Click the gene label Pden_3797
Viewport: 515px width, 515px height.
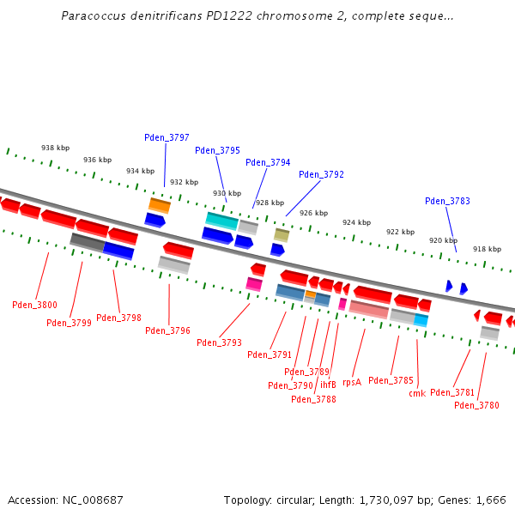pos(167,137)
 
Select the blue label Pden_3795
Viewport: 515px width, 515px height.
pos(217,150)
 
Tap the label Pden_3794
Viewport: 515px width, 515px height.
pos(268,162)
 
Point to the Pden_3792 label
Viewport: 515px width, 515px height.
pos(321,174)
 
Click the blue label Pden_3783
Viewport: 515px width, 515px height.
pos(447,201)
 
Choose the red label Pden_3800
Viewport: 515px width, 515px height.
pos(34,305)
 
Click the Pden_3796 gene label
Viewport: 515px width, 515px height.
pos(167,330)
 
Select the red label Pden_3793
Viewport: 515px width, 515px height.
pos(219,342)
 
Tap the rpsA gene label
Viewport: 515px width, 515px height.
pos(352,382)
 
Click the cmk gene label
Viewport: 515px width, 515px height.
pos(417,393)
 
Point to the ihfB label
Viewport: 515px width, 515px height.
pos(329,385)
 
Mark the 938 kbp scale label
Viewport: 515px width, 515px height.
pos(55,148)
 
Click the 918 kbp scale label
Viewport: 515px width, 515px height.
pos(487,249)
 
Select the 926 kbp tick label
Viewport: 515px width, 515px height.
pos(313,213)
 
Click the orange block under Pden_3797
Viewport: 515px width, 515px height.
pos(160,205)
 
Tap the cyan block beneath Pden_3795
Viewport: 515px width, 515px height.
pos(221,221)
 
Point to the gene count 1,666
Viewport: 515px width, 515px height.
pos(491,500)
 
